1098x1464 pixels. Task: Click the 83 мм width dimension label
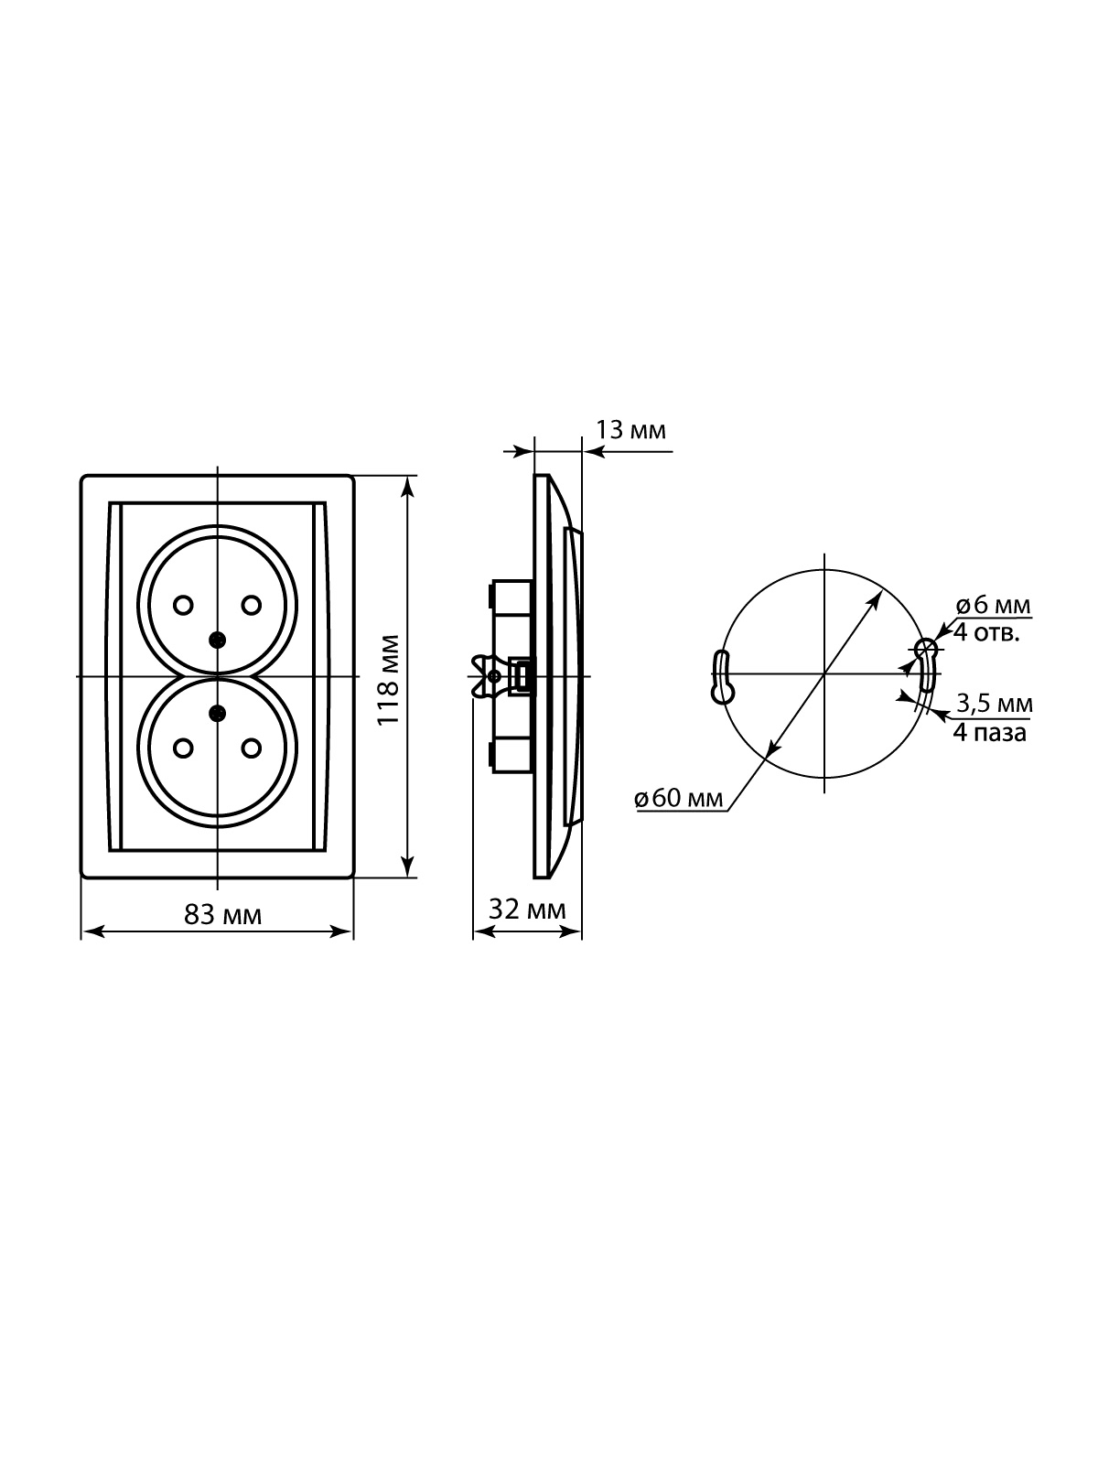click(223, 915)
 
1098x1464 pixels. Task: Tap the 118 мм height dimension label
click(389, 681)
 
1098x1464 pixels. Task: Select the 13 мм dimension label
click(630, 430)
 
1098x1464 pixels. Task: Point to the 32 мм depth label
click(527, 909)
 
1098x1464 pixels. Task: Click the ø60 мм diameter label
click(679, 798)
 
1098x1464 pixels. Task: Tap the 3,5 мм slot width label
click(995, 703)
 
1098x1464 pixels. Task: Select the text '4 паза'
click(990, 733)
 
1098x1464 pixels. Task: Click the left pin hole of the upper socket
click(183, 605)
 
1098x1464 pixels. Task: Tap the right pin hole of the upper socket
click(252, 605)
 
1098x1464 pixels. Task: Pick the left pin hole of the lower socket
click(183, 748)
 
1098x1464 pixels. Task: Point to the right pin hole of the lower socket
click(252, 748)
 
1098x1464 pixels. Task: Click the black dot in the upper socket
click(217, 640)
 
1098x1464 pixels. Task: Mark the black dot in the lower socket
click(217, 714)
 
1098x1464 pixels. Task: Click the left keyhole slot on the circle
click(722, 677)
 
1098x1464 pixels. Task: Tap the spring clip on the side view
click(487, 676)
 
